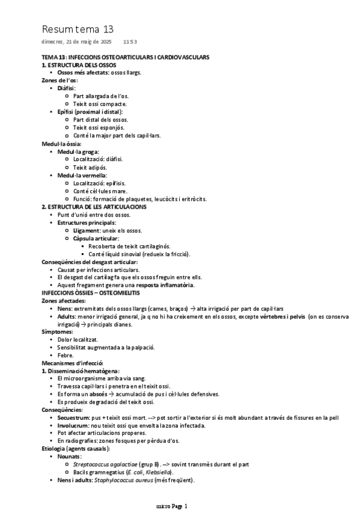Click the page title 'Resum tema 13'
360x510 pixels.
click(78, 29)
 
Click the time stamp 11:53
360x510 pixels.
click(130, 42)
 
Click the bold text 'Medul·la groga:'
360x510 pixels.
click(79, 152)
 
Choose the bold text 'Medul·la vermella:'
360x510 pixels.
click(82, 175)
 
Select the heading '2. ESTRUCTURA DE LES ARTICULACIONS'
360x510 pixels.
click(94, 206)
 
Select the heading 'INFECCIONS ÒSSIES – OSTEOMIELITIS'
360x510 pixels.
click(90, 292)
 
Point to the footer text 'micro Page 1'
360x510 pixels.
click(172, 506)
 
